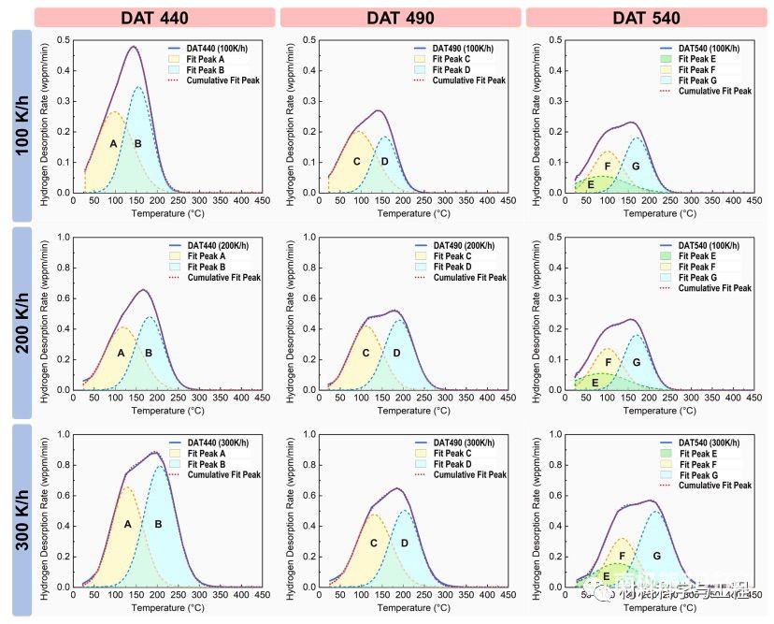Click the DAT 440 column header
pos(154,18)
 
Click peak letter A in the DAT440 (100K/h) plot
pos(112,143)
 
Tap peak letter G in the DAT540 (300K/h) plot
pos(656,556)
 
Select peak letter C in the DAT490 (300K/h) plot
pos(373,543)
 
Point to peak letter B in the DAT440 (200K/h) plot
pos(148,353)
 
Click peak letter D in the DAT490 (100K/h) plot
pos(384,162)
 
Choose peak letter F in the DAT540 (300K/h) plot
pos(622,556)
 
